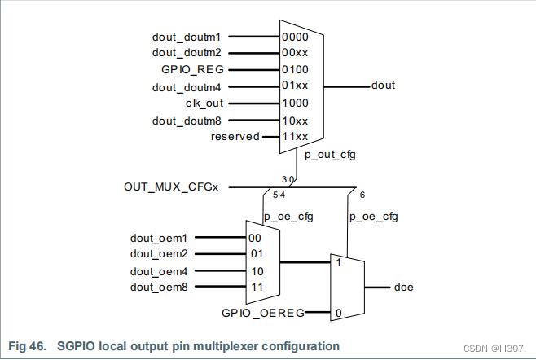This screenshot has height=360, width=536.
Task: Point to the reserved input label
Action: tap(235, 137)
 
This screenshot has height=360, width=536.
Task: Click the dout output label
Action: tap(383, 85)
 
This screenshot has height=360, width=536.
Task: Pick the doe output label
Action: tap(403, 288)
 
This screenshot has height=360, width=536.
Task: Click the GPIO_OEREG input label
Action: tap(263, 313)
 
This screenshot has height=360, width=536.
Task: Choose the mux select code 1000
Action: tap(294, 103)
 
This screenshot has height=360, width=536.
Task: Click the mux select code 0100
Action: tap(294, 70)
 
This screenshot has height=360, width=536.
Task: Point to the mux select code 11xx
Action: tap(294, 137)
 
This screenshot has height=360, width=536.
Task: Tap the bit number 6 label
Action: tap(362, 195)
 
